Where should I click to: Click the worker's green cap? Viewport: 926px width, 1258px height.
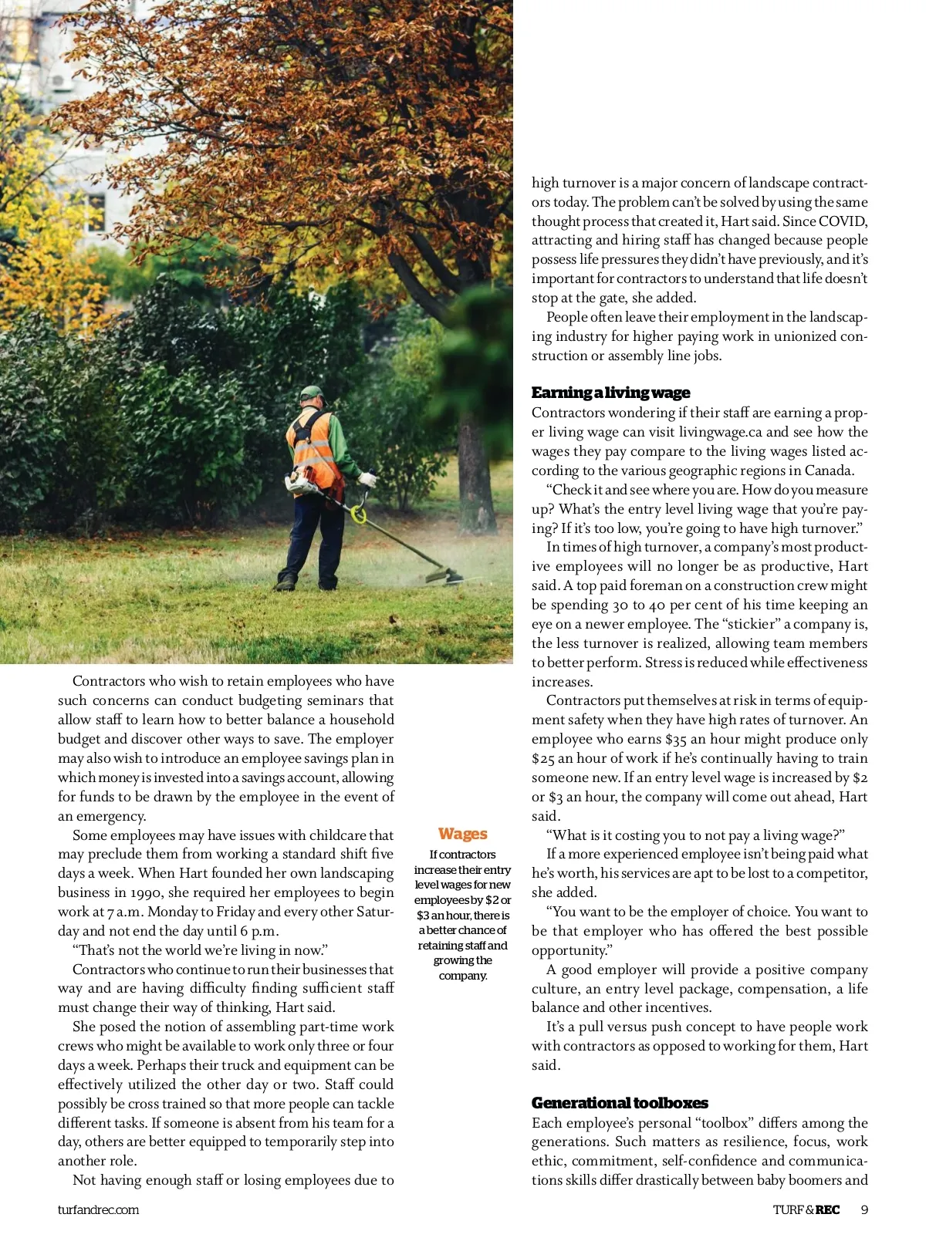pos(312,393)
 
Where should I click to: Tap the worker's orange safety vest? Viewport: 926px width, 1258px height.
pos(313,447)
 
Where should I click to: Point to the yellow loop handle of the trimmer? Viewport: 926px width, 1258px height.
pos(358,513)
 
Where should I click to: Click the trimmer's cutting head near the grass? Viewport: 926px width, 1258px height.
pos(444,575)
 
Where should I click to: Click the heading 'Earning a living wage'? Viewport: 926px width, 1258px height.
pos(610,393)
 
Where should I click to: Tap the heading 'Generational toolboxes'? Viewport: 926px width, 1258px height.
pos(620,1103)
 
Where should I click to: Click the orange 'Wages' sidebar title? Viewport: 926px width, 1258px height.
pos(462,834)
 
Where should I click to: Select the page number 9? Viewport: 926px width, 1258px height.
pos(864,1209)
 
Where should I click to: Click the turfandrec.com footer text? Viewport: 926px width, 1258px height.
pos(98,1209)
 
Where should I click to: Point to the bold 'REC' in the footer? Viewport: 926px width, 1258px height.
pos(827,1209)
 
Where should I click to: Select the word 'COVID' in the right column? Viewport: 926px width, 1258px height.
pos(843,221)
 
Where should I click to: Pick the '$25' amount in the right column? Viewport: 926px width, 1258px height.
pos(543,758)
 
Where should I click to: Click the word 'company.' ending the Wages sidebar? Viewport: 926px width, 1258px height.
pos(463,976)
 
